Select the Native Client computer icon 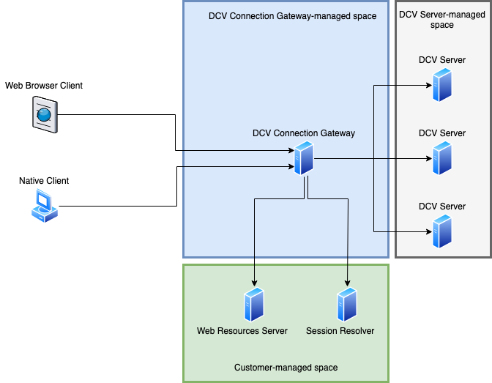click(x=44, y=206)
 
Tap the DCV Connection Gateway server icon click(x=304, y=158)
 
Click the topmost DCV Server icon click(x=441, y=85)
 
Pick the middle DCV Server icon click(x=441, y=158)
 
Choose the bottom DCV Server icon click(x=441, y=231)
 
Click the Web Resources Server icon click(x=254, y=305)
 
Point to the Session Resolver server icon click(x=346, y=305)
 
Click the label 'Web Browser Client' click(x=44, y=86)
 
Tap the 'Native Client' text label click(x=44, y=180)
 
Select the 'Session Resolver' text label click(x=340, y=331)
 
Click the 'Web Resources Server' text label click(x=242, y=331)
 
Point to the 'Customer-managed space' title click(x=286, y=367)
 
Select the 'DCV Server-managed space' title click(x=442, y=20)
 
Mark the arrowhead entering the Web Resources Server click(x=254, y=283)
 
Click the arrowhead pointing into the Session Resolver click(x=346, y=283)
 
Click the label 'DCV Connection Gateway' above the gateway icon click(x=304, y=133)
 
